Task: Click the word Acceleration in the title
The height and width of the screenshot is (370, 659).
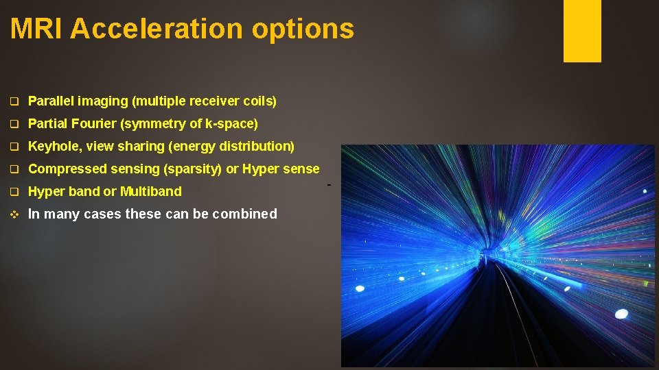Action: coord(157,29)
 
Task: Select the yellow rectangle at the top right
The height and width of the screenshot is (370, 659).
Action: coord(582,30)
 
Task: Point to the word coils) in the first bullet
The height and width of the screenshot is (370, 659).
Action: coord(259,101)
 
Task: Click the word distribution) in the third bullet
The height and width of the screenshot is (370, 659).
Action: coord(255,147)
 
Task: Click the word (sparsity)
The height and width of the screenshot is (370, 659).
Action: coord(191,169)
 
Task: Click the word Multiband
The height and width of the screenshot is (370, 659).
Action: coord(151,192)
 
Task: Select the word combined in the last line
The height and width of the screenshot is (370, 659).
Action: coord(244,214)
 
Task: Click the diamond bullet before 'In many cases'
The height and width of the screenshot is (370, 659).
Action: coord(14,214)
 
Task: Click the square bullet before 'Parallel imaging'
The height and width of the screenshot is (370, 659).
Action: coord(14,102)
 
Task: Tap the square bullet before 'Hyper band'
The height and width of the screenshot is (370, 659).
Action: coord(14,193)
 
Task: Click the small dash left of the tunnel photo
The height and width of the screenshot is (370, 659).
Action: coord(329,185)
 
